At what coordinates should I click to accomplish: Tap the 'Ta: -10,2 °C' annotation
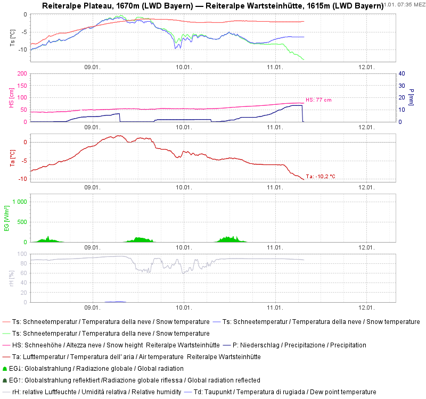click(321, 176)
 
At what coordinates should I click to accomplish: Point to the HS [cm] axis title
click(13, 97)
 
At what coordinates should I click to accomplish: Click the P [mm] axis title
click(411, 97)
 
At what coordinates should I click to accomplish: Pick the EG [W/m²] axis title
click(6, 218)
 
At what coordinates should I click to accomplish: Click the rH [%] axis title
click(13, 278)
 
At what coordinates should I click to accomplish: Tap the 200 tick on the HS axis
click(22, 73)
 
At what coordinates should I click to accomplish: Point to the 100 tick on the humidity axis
click(22, 254)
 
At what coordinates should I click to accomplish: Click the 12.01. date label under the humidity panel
click(366, 308)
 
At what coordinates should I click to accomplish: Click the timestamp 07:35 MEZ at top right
click(404, 4)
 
